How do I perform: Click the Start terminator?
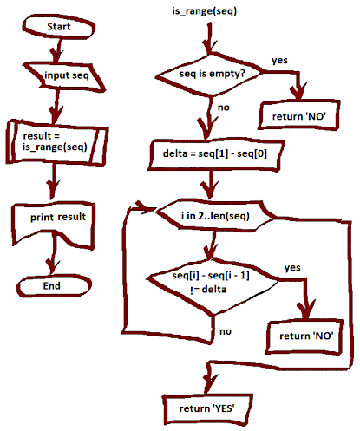59,27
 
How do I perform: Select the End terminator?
54,286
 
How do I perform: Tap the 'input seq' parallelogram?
64,75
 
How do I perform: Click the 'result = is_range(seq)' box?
57,142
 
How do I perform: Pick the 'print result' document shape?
54,223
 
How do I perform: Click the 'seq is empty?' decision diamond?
210,74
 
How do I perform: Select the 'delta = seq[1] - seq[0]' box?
215,154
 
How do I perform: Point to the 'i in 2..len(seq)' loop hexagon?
215,216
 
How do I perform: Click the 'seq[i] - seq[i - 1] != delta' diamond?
213,284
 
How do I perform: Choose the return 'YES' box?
207,408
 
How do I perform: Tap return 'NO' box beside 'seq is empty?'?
298,115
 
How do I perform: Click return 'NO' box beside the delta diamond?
304,336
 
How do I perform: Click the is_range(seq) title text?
204,11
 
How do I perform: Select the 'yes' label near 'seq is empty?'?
279,61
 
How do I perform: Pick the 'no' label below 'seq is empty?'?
224,108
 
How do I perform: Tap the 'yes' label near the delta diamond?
292,268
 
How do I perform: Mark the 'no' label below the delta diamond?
226,331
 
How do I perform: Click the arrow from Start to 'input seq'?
57,50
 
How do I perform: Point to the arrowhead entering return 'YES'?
209,382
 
